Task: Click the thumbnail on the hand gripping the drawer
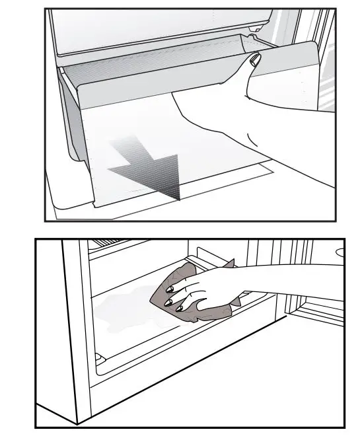point(255,59)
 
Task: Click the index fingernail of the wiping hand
point(168,289)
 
